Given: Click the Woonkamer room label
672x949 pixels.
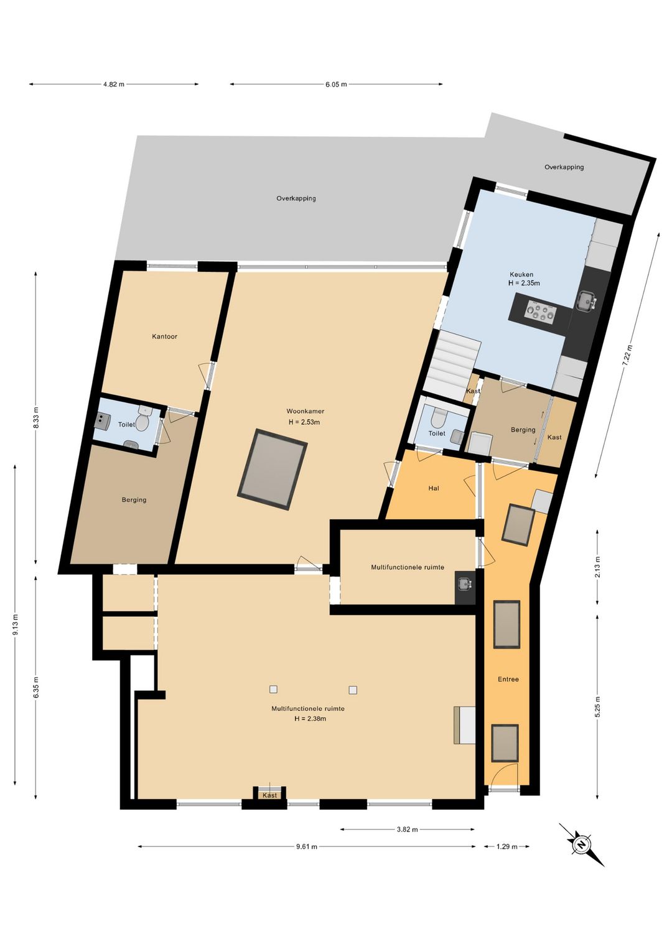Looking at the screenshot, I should coord(305,411).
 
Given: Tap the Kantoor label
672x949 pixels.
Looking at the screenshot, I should coord(165,336).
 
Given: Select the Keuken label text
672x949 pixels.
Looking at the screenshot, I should coord(521,274).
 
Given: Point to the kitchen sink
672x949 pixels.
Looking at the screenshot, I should coord(586,302).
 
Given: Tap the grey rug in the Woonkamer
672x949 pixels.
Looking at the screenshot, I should coord(273,469).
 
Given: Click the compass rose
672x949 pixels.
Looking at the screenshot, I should coord(581,845).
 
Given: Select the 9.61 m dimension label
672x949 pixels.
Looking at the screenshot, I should coord(306,846).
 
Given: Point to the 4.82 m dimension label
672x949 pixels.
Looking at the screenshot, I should coord(114,84).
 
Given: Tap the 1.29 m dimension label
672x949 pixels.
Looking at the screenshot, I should coord(506,846).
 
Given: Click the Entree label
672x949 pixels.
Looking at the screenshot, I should coord(508,679).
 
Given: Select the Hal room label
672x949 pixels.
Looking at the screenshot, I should coord(434,488).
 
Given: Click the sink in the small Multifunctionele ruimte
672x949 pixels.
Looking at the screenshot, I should coord(464,583).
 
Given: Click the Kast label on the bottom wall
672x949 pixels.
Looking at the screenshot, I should coord(269,795).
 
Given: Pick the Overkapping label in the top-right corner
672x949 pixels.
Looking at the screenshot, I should coord(564,167).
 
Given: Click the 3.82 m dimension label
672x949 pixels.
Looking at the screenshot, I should coord(407,829).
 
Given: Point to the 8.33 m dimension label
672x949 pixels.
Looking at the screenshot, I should coord(36,417).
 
